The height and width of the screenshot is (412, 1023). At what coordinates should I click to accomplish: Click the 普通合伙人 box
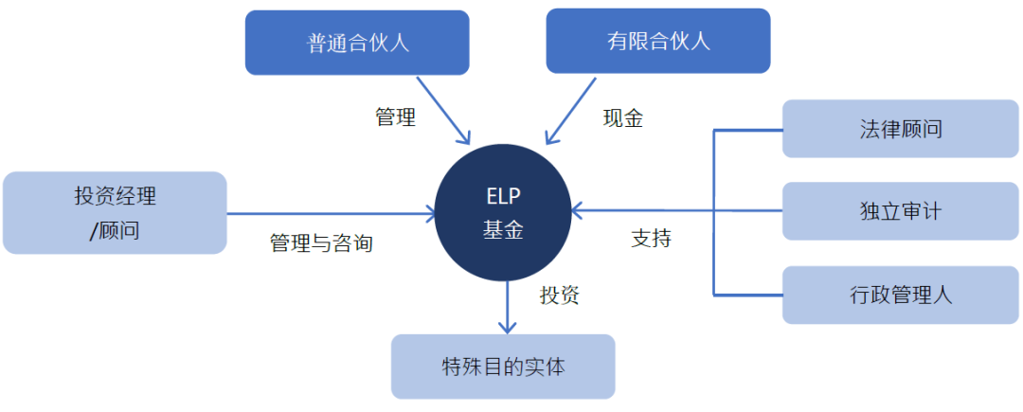357,43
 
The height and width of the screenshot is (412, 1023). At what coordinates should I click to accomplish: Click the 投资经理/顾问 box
115,213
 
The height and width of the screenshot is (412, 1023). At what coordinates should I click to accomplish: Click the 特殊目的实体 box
503,367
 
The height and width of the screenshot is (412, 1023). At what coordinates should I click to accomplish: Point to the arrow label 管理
395,118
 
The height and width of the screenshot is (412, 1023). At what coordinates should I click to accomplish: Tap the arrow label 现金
623,118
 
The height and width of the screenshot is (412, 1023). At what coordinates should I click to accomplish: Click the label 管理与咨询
321,243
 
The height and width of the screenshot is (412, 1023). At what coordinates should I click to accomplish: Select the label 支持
651,239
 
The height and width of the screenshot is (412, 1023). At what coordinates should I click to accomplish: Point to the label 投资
560,295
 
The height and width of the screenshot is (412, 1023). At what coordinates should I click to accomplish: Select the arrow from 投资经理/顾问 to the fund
332,214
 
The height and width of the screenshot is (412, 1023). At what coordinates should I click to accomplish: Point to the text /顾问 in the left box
115,229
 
